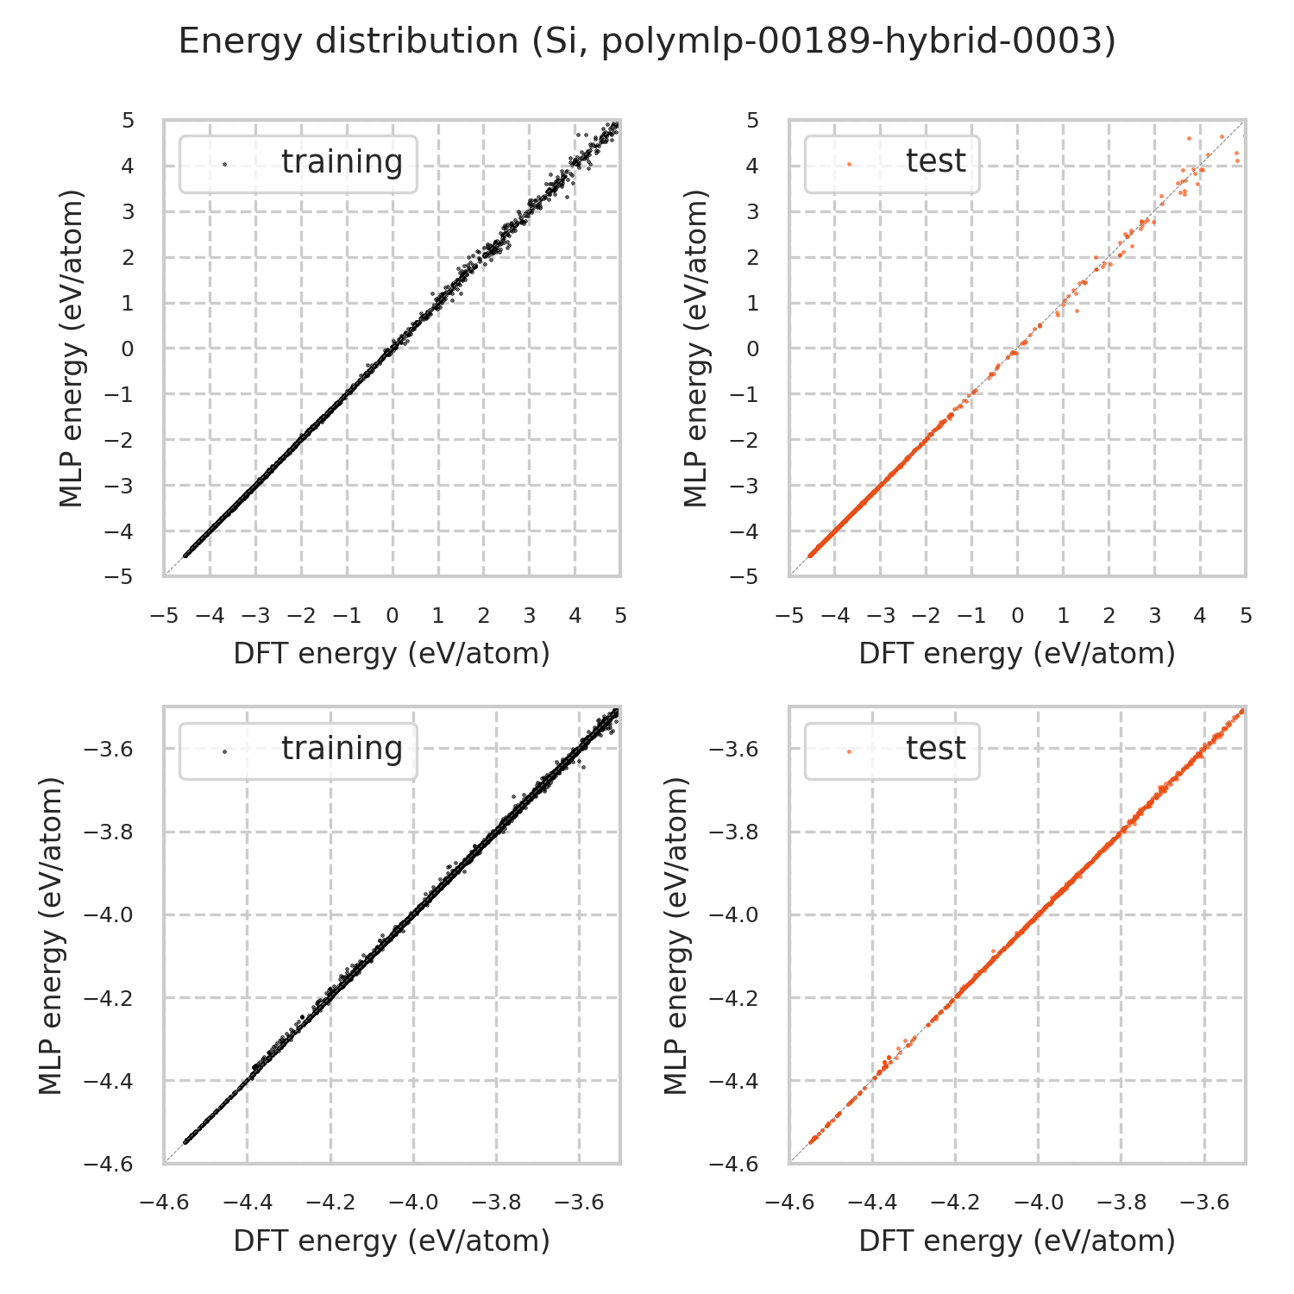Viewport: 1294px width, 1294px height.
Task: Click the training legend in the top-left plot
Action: pos(298,163)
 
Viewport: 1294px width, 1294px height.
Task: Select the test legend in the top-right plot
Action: pos(892,163)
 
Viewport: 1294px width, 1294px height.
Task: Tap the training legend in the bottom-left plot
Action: pos(298,750)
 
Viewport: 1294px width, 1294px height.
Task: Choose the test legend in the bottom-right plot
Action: pos(892,750)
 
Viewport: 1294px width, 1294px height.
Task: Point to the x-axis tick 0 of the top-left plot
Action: pos(393,616)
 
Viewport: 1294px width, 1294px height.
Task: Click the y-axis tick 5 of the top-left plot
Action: pos(129,121)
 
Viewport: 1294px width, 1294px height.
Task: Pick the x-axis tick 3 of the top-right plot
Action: pos(1154,616)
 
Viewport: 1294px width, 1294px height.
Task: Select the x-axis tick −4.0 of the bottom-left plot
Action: pos(413,1203)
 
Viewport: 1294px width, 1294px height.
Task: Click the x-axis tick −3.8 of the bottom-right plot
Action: pos(1121,1203)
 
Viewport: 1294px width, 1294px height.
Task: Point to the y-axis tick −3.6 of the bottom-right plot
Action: pos(734,749)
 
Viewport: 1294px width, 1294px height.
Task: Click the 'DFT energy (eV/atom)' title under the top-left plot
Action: pos(392,654)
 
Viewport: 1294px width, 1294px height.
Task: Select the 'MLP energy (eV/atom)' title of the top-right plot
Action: pos(695,349)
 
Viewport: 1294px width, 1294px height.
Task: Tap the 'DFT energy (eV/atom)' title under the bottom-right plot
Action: pos(1017,1241)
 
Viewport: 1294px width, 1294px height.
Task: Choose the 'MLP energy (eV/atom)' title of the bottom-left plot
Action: pos(52,935)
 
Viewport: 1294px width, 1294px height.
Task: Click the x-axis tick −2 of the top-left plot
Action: pos(301,616)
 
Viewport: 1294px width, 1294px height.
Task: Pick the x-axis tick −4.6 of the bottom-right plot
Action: pos(788,1203)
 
